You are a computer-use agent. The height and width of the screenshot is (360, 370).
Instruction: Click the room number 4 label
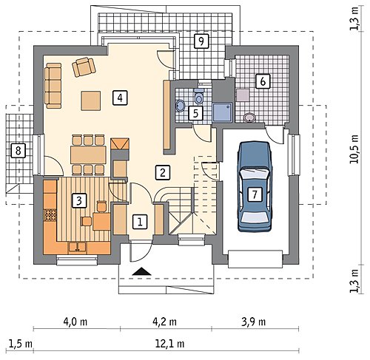[x=120, y=98]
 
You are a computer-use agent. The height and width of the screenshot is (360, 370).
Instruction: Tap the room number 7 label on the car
[x=255, y=194]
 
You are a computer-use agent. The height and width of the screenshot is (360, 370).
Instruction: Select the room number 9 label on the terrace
[x=201, y=41]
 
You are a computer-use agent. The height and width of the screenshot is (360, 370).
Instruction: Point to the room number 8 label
[x=18, y=150]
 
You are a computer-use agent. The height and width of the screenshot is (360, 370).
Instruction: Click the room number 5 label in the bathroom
[x=195, y=113]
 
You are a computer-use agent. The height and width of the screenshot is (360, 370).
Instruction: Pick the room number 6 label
[x=263, y=81]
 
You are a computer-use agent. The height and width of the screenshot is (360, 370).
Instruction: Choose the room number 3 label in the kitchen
[x=79, y=200]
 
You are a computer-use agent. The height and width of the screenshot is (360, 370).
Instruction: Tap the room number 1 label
[x=140, y=222]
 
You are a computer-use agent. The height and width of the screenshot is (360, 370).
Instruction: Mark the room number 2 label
[x=163, y=172]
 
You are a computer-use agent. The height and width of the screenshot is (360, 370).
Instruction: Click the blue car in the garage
[x=255, y=186]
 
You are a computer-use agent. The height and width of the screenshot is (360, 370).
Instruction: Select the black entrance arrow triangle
[x=141, y=271]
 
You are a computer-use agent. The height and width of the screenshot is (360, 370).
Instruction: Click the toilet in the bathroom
[x=199, y=96]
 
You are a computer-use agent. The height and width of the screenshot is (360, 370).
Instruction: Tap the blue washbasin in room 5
[x=181, y=106]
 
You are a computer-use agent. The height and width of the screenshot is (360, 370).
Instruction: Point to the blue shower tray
[x=223, y=112]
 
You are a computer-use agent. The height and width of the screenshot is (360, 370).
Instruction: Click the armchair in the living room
[x=84, y=67]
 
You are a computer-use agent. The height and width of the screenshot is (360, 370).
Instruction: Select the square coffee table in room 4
[x=91, y=101]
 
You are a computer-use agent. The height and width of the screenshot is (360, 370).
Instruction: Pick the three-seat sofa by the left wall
[x=53, y=86]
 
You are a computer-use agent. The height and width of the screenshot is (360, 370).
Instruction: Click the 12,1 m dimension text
[x=170, y=344]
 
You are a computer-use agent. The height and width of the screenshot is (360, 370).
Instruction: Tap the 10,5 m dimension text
[x=354, y=150]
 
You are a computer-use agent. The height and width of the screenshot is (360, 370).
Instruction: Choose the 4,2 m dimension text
[x=164, y=322]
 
